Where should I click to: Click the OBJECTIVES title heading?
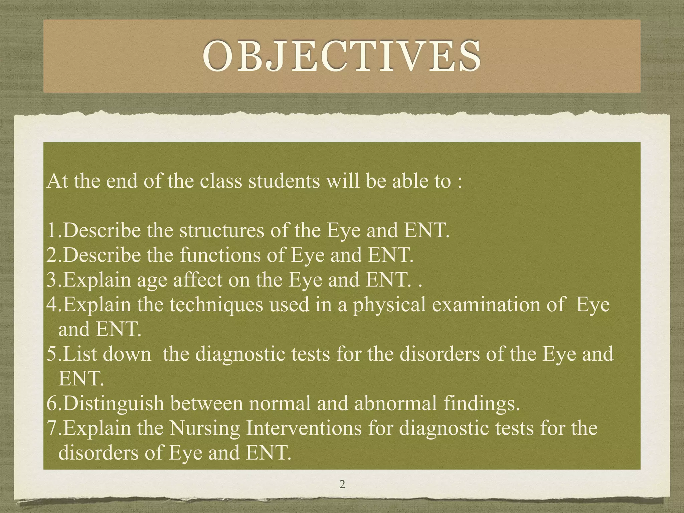pos(342,56)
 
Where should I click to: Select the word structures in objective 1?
pos(222,231)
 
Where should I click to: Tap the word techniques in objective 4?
pos(216,305)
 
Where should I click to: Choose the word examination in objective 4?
pos(486,305)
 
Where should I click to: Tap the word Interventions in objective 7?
pos(304,429)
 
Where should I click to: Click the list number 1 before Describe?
pos(52,231)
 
